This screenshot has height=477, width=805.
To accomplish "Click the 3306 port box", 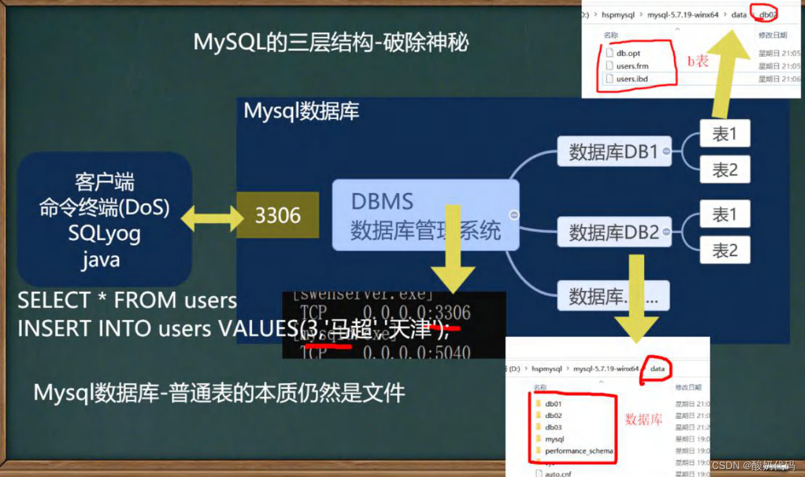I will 277,215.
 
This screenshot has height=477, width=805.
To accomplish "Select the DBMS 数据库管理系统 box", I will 425,215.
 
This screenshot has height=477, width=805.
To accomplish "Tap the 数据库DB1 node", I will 613,152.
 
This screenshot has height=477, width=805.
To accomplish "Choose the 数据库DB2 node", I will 613,232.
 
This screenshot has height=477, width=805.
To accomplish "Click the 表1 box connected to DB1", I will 724,134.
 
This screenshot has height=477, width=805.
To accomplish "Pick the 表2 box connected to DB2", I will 724,249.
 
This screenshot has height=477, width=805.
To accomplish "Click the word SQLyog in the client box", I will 104,234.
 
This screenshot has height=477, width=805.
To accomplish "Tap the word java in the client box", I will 101,260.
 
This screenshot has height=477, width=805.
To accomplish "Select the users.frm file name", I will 632,66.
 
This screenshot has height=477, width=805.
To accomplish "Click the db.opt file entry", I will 628,53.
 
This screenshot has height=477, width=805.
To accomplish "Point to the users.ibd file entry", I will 632,79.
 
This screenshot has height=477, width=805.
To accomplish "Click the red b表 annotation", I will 698,61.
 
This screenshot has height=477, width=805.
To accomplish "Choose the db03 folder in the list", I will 553,427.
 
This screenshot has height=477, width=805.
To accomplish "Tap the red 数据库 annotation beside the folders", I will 643,419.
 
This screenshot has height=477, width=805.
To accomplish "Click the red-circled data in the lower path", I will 657,368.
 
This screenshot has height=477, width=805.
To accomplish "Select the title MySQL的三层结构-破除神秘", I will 331,43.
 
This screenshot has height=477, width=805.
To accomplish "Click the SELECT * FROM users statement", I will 127,300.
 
